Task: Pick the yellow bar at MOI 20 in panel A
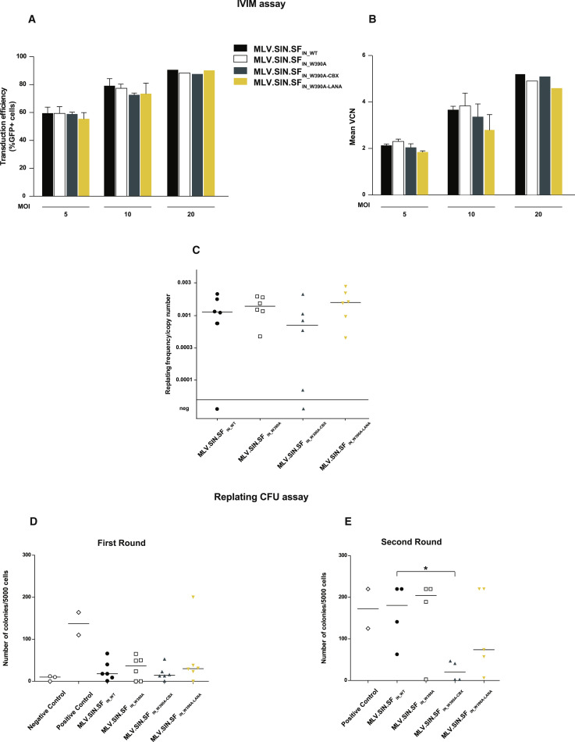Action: click(209, 133)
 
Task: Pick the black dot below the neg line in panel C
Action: click(217, 409)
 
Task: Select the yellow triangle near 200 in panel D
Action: click(192, 598)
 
